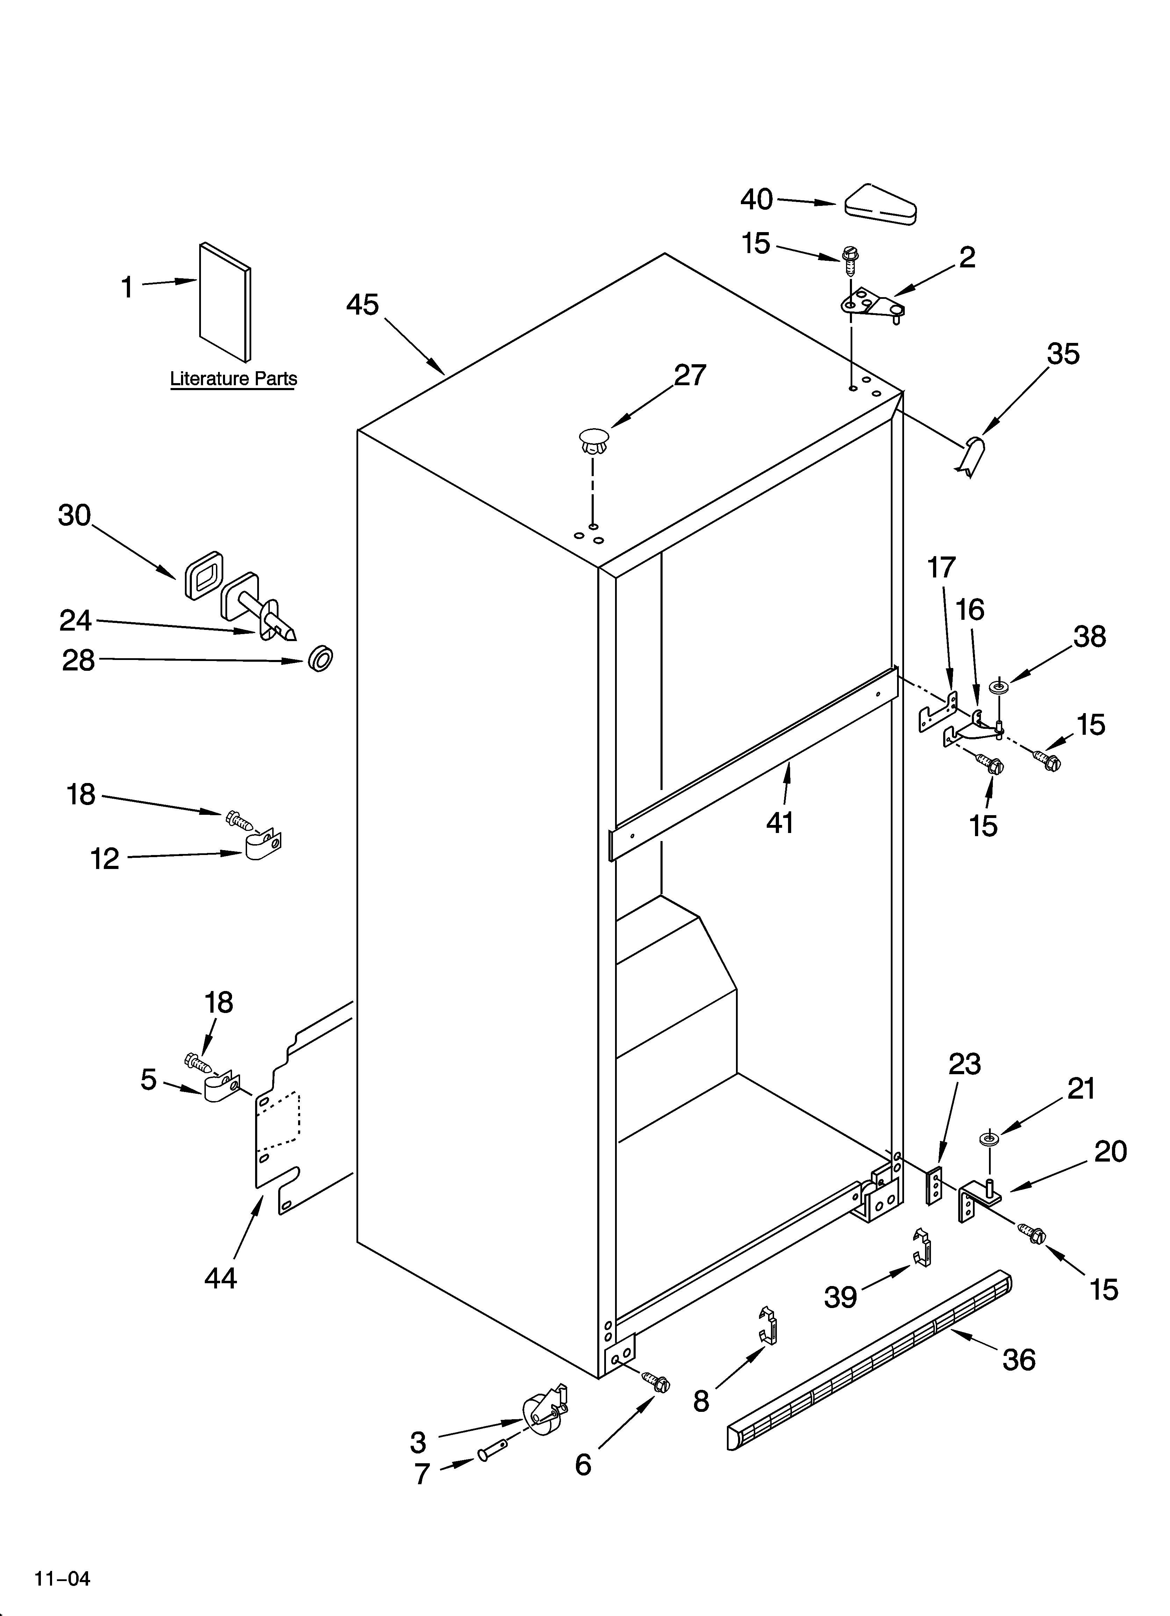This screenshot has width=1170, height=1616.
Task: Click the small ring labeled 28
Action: click(321, 659)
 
